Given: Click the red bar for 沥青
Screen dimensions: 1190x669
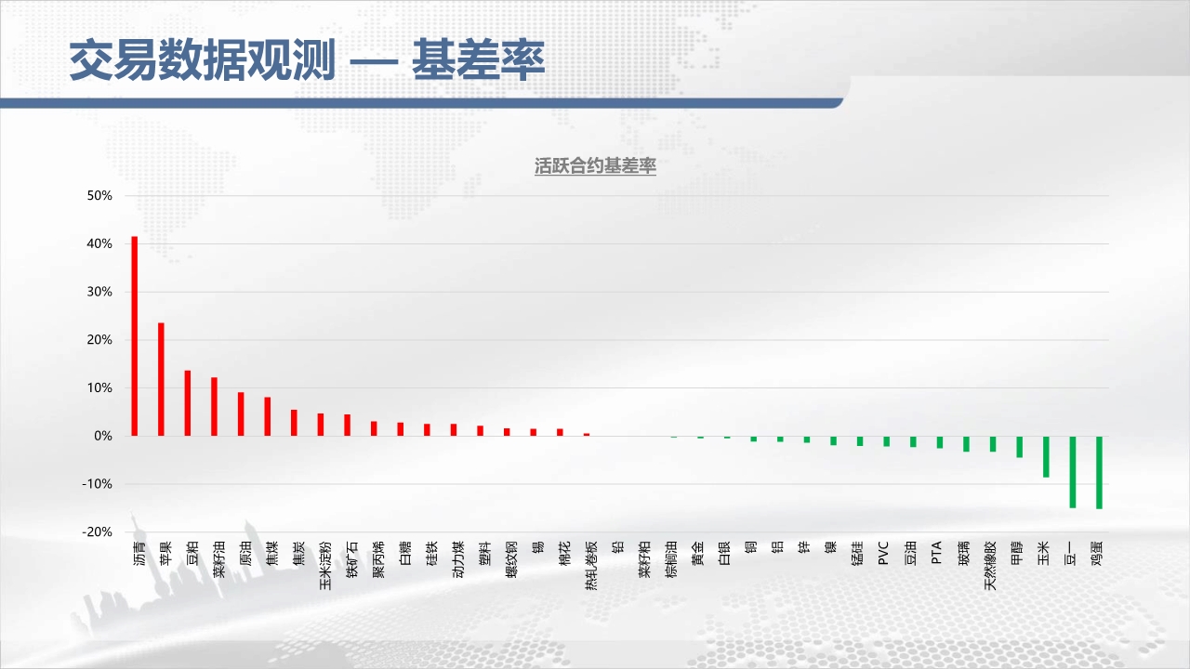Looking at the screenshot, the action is (x=135, y=336).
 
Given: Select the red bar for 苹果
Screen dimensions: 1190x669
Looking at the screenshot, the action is (x=161, y=379).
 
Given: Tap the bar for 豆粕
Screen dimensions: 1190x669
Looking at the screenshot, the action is (x=188, y=403).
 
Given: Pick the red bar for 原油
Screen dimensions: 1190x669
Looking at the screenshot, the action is (x=241, y=414).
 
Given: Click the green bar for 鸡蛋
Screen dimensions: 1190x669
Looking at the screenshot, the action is (x=1099, y=473).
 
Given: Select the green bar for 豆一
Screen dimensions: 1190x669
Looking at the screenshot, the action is (x=1073, y=472).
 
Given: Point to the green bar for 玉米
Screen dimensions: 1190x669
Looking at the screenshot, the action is (x=1046, y=456).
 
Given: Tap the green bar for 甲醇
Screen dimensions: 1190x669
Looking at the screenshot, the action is (x=1020, y=447).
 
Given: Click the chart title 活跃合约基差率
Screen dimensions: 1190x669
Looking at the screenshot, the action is (x=595, y=166).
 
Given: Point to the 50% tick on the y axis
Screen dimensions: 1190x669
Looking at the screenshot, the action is (x=99, y=196).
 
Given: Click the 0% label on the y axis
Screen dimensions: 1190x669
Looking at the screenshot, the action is (x=103, y=436).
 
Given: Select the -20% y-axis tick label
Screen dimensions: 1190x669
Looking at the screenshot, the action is (x=98, y=532).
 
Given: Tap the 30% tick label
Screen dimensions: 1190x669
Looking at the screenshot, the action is (x=99, y=292).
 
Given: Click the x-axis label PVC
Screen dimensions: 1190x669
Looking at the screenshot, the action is (x=883, y=553).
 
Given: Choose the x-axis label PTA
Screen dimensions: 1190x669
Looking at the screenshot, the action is (x=936, y=552).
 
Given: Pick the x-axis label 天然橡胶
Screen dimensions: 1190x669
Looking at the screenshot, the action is (x=990, y=566).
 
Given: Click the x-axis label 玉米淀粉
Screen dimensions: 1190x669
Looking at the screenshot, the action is (x=325, y=566).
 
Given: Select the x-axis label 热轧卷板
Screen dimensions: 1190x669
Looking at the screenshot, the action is (x=590, y=566).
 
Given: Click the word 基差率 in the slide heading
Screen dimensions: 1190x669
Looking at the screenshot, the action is (x=479, y=60).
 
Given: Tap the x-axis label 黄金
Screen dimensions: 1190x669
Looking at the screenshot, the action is (x=697, y=553).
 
